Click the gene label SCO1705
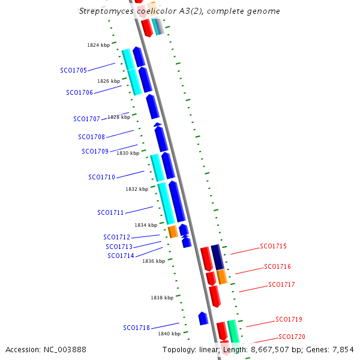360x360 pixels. (x=73, y=70)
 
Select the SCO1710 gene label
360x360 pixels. (x=101, y=177)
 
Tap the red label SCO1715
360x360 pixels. (x=273, y=246)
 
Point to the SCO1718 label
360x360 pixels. (x=136, y=328)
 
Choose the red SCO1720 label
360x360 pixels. (x=292, y=337)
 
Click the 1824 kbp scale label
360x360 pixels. (x=98, y=45)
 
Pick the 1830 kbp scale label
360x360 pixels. (x=128, y=153)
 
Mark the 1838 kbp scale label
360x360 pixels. (x=162, y=298)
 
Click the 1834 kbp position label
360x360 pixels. (x=146, y=225)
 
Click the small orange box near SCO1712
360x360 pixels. (x=173, y=232)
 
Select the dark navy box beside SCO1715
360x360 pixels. (x=217, y=257)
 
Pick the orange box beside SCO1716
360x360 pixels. (x=222, y=277)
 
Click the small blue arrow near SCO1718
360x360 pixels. (x=203, y=318)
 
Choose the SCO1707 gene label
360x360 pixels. (x=86, y=119)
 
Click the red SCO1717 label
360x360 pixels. (x=281, y=284)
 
